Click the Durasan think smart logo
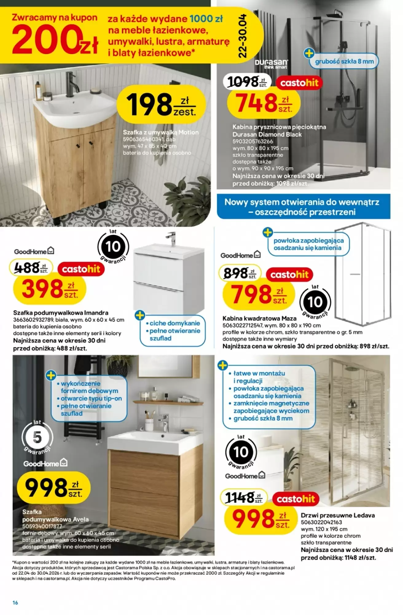click(271, 64)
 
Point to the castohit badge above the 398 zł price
click(81, 269)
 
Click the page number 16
click(15, 602)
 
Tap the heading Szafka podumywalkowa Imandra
click(61, 313)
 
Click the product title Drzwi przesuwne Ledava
click(338, 515)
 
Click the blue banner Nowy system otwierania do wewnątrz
click(303, 207)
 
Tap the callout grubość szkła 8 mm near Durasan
click(344, 61)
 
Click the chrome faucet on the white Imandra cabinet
click(171, 238)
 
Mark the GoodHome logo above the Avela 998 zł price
click(45, 463)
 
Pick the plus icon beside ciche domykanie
click(140, 315)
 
